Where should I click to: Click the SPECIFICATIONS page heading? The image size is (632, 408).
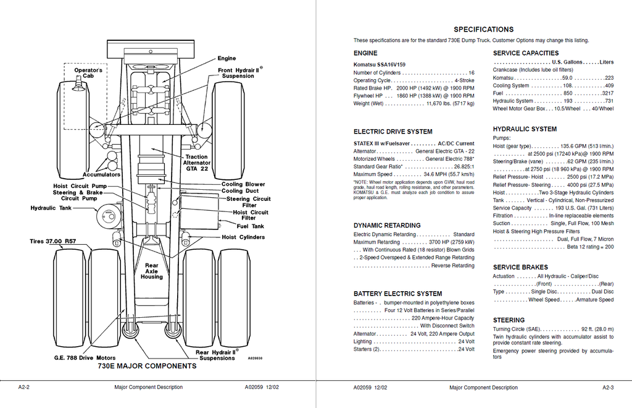click(x=483, y=30)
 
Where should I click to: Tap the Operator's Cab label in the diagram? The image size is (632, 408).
click(x=88, y=73)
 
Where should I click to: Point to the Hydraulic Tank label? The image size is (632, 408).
click(x=51, y=208)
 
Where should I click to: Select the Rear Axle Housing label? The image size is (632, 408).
click(x=152, y=271)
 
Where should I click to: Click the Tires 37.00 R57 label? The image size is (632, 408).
click(x=53, y=241)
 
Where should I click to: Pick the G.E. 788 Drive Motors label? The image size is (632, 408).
click(x=85, y=358)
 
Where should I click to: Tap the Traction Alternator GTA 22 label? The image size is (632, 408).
click(x=197, y=163)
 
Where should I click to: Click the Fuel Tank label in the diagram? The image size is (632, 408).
click(x=251, y=226)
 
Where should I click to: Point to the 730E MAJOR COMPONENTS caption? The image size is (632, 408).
click(x=147, y=366)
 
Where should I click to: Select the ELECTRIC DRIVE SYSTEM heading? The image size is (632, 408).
click(x=393, y=132)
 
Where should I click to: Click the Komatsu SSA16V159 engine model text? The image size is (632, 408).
click(x=380, y=64)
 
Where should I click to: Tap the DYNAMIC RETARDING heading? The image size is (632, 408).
click(x=387, y=225)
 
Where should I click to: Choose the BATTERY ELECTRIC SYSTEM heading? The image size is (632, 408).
click(x=398, y=294)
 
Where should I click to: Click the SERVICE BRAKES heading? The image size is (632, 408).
click(x=520, y=267)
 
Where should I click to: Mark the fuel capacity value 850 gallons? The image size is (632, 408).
click(x=568, y=93)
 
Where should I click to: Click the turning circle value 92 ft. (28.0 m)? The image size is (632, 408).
click(x=597, y=329)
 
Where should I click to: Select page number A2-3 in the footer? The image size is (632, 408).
click(x=608, y=388)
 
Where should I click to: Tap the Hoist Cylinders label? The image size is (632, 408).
click(x=243, y=237)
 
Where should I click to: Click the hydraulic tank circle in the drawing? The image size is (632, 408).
click(x=107, y=214)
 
